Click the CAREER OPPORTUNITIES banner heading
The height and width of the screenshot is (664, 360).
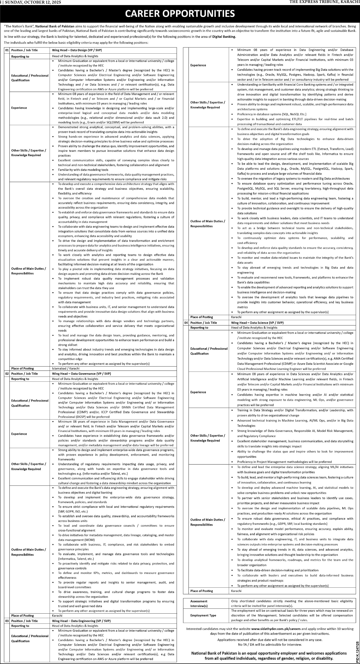coord(180,13)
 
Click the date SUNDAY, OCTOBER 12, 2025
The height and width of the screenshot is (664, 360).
coord(33,2)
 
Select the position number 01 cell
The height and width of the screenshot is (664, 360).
coord(7,50)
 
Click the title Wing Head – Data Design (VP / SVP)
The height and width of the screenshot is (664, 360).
coord(77,50)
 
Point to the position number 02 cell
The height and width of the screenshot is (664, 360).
coord(7,373)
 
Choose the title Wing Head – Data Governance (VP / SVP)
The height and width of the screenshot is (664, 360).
coord(81,373)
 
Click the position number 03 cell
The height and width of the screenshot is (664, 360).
coord(7,621)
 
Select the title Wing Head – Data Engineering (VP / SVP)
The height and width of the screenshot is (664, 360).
coord(81,621)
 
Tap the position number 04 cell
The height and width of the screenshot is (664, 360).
coord(186,323)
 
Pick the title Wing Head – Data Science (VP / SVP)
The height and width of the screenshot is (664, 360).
coord(257,323)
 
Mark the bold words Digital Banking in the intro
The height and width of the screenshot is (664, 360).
coord(224,37)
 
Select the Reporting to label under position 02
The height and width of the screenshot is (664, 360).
coord(20,379)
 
